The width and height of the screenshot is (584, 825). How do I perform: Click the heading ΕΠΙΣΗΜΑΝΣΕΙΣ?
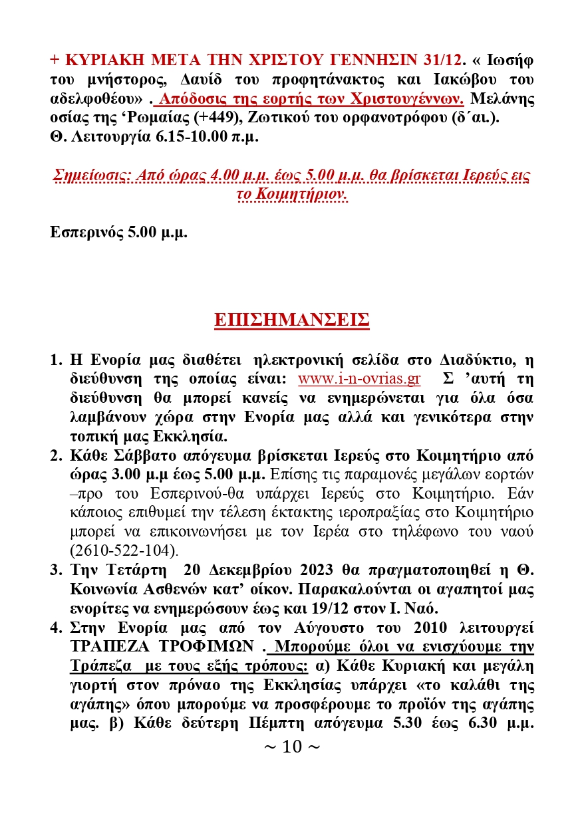(291, 320)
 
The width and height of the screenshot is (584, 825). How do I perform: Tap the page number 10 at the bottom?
(292, 747)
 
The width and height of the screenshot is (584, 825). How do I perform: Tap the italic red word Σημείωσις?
(86, 177)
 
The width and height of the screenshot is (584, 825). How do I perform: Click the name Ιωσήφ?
(512, 59)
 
